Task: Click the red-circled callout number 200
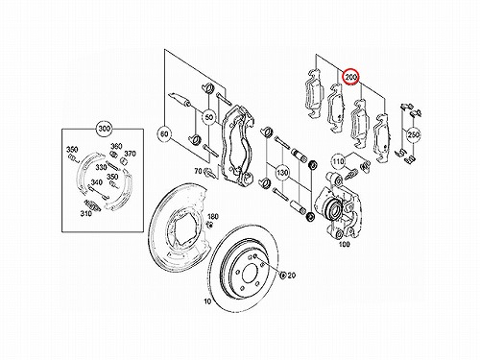(351, 77)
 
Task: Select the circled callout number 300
(104, 129)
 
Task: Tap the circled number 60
(165, 134)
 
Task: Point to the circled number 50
(208, 118)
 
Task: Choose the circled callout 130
(282, 173)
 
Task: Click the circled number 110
(338, 160)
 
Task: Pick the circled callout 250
(413, 135)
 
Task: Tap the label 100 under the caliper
(344, 245)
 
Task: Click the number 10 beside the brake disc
(207, 301)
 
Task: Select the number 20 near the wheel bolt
(291, 275)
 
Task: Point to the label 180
(213, 217)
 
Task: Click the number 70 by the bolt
(199, 171)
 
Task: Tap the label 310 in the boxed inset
(85, 213)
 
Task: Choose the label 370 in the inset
(130, 154)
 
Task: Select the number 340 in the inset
(96, 182)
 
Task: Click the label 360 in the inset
(116, 146)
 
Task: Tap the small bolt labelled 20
(282, 275)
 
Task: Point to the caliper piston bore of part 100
(334, 208)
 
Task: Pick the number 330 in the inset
(101, 167)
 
